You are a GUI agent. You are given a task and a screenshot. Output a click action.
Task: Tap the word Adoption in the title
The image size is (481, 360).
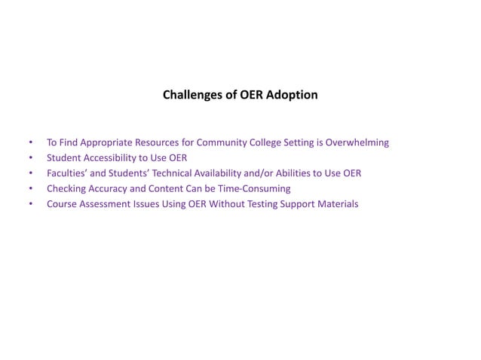coord(292,96)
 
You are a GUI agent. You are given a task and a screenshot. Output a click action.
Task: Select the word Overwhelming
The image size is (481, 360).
coord(357,142)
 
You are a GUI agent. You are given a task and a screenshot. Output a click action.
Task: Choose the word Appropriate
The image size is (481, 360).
coord(105,142)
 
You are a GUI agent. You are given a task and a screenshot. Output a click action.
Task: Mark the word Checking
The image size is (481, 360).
coord(66,189)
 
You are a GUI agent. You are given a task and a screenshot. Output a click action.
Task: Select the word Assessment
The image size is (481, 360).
coord(105,204)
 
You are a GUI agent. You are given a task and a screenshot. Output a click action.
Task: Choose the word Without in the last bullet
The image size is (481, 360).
coord(227,204)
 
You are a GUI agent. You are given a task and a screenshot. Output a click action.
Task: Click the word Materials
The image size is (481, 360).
coord(336,204)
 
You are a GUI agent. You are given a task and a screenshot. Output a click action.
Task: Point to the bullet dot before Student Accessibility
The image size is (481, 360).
coord(30,158)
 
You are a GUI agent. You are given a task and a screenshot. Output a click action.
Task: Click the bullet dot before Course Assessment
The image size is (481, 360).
coord(30,204)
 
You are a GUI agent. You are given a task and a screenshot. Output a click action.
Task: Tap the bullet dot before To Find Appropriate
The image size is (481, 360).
coord(30,142)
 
